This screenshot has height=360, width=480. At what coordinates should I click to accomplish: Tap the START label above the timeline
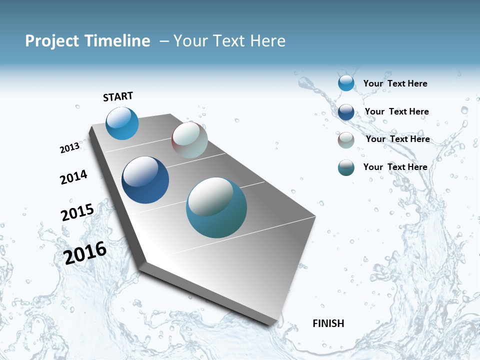pyautogui.click(x=118, y=96)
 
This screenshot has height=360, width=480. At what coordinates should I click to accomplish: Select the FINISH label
pyautogui.click(x=328, y=323)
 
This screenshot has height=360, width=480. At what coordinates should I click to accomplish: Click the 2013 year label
pyautogui.click(x=69, y=148)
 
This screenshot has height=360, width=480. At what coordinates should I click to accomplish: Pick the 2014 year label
pyautogui.click(x=73, y=177)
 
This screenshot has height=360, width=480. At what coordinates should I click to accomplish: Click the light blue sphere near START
pyautogui.click(x=122, y=123)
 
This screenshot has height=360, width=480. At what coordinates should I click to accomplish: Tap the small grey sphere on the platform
pyautogui.click(x=189, y=140)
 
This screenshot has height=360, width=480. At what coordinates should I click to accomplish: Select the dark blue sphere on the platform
pyautogui.click(x=145, y=180)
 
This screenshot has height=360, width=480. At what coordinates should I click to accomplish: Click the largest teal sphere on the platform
pyautogui.click(x=216, y=207)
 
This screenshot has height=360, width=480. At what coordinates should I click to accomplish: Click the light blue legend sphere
pyautogui.click(x=346, y=83)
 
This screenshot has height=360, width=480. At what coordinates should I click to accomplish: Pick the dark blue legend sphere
pyautogui.click(x=346, y=111)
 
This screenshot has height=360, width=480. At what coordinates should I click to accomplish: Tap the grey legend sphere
pyautogui.click(x=346, y=140)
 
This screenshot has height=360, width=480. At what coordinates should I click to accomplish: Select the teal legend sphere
pyautogui.click(x=346, y=167)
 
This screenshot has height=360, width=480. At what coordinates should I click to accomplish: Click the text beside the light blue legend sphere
pyautogui.click(x=395, y=83)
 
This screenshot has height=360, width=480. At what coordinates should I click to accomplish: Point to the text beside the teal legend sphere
pyautogui.click(x=395, y=167)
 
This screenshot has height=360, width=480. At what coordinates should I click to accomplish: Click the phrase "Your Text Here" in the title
pyautogui.click(x=229, y=41)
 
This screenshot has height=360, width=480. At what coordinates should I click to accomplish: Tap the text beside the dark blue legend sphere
pyautogui.click(x=396, y=111)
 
